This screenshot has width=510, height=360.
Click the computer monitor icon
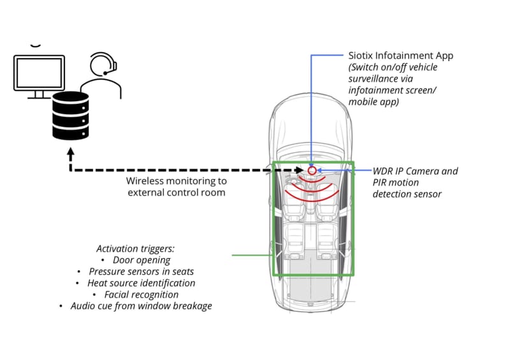pos(39,76)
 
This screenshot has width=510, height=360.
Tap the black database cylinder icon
pos(71,116)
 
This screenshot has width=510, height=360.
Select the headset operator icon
pos(101,75)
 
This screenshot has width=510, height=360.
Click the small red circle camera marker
pos(312,170)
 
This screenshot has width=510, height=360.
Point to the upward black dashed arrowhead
pos(71,152)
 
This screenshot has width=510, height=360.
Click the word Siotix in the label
pos(360,55)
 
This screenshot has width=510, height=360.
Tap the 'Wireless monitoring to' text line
pos(177,181)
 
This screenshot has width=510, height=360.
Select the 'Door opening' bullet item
pos(142,260)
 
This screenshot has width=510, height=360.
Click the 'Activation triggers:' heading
pos(135,248)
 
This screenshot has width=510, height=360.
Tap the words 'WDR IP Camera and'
pos(416,171)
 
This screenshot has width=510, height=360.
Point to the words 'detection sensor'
pos(407,194)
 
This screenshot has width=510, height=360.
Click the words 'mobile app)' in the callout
pos(374,102)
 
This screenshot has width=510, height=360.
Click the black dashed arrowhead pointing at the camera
pos(300,170)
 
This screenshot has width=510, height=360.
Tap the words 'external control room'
pos(177,192)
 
